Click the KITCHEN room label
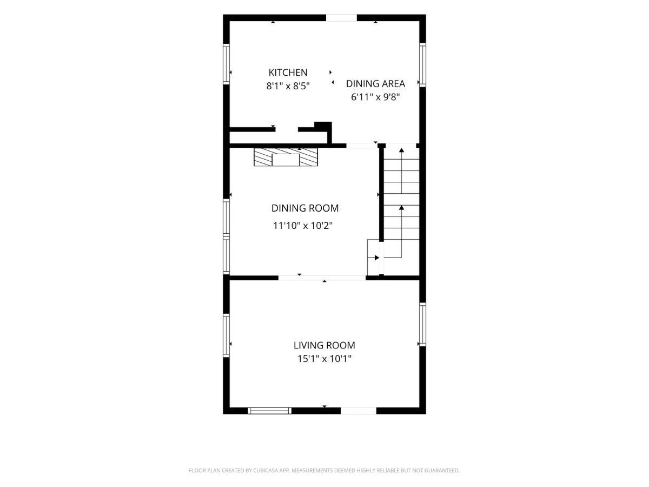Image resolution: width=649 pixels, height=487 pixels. click(288, 73)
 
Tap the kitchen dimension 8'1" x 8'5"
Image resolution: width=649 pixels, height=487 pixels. click(288, 86)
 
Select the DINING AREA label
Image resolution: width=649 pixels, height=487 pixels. click(375, 84)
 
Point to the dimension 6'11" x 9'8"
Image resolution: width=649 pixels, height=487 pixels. click(375, 97)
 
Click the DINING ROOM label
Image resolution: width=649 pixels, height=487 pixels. click(305, 208)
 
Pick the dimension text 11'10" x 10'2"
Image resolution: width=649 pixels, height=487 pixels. click(302, 226)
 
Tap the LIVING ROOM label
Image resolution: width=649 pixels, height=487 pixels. click(325, 345)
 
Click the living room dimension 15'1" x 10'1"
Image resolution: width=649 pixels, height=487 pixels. click(325, 359)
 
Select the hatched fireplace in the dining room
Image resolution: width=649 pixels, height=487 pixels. click(286, 157)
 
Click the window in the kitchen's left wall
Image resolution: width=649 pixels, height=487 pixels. click(226, 64)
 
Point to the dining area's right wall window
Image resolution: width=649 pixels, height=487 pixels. click(422, 65)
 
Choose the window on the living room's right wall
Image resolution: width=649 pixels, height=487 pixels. click(422, 324)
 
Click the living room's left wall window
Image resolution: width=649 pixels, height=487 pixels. click(226, 335)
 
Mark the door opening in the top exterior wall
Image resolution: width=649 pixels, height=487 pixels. click(341, 18)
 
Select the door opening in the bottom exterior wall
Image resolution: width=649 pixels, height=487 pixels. click(359, 410)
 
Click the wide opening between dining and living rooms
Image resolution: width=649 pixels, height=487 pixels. click(322, 278)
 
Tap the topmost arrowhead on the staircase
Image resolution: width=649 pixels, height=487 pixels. click(401, 150)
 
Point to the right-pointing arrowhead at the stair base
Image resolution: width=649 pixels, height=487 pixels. click(377, 258)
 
